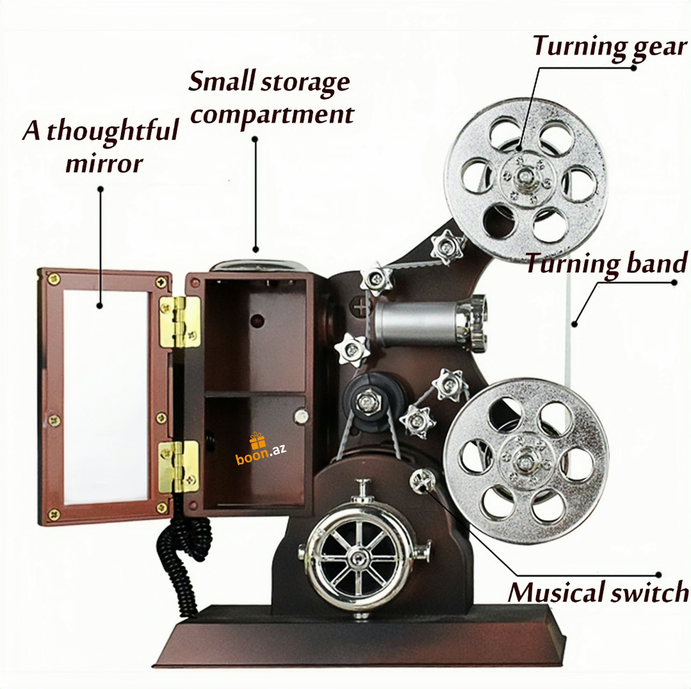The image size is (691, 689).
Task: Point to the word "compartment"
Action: pyautogui.click(x=272, y=115)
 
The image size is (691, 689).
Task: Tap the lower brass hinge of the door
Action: pyautogui.click(x=179, y=466)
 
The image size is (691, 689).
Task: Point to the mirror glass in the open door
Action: pyautogui.click(x=106, y=394)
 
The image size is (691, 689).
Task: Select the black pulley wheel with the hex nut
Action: pyautogui.click(x=368, y=402)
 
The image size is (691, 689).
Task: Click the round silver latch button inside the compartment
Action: pyautogui.click(x=301, y=416)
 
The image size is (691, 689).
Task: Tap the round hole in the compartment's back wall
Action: pyautogui.click(x=257, y=320)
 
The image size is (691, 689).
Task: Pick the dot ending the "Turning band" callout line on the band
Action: pyautogui.click(x=574, y=324)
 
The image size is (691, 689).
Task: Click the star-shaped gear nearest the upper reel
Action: pyautogui.click(x=447, y=247)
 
